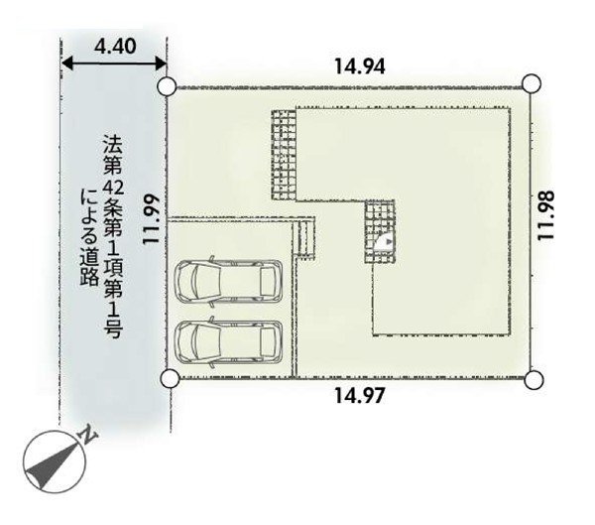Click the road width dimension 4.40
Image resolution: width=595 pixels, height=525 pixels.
(115, 47)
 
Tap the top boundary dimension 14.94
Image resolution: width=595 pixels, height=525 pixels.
(359, 66)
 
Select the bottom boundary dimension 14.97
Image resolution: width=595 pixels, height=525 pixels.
(359, 395)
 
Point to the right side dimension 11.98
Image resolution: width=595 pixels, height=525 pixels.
(546, 214)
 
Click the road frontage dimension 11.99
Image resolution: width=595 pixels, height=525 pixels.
(151, 218)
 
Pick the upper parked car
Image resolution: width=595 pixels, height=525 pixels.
(228, 281)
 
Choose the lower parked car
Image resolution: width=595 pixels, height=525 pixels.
(228, 341)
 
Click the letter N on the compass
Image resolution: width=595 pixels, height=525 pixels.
(88, 436)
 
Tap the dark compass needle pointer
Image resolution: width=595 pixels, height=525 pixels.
(51, 466)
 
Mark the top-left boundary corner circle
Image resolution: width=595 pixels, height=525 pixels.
(167, 86)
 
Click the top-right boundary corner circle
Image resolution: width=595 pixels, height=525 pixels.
(532, 83)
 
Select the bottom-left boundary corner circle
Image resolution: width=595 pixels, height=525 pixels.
(170, 378)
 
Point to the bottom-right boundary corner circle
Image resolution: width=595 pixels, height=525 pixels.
(534, 379)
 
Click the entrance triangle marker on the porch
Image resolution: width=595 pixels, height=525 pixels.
(388, 241)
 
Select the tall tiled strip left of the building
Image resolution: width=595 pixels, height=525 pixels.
(284, 155)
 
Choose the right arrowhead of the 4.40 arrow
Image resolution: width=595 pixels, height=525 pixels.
(160, 64)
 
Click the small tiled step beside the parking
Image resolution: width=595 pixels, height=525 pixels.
(305, 238)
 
